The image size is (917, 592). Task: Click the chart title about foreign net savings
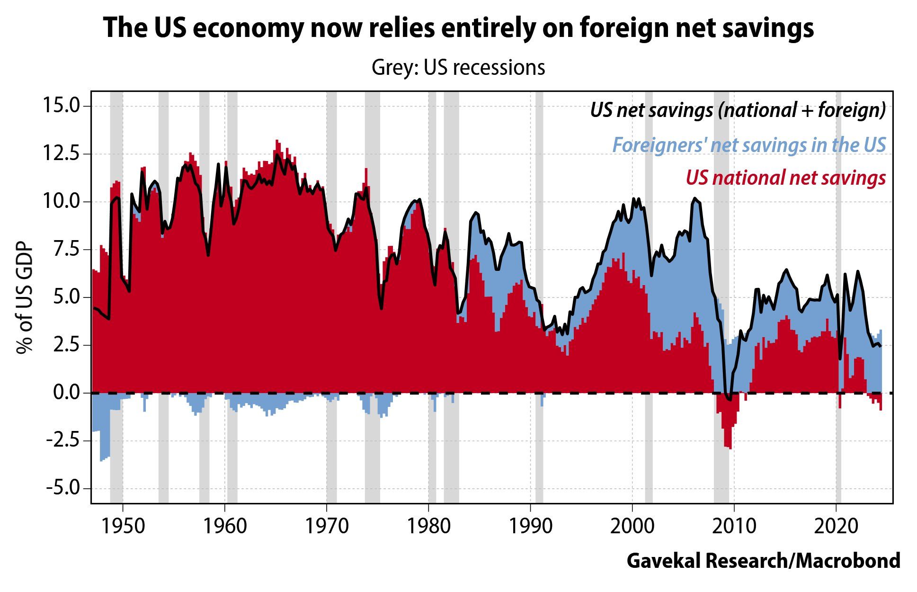click(x=458, y=27)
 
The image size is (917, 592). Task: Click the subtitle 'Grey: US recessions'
click(x=458, y=67)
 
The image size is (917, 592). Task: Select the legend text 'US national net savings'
click(x=785, y=178)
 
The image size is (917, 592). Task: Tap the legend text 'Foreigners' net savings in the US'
click(x=749, y=144)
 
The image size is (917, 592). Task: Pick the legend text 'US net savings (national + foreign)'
click(x=738, y=110)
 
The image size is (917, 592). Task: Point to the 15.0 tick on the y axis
click(x=62, y=105)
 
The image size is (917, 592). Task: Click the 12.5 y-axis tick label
click(x=62, y=153)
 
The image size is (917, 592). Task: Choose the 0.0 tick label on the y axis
click(x=66, y=393)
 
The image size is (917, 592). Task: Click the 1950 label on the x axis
click(x=123, y=526)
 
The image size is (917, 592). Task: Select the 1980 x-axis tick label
click(x=428, y=526)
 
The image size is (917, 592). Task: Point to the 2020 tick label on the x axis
click(x=836, y=526)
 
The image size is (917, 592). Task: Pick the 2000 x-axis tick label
click(x=632, y=526)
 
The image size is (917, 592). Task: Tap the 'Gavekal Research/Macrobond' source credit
click(x=763, y=561)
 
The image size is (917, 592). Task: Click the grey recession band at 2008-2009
click(x=721, y=474)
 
